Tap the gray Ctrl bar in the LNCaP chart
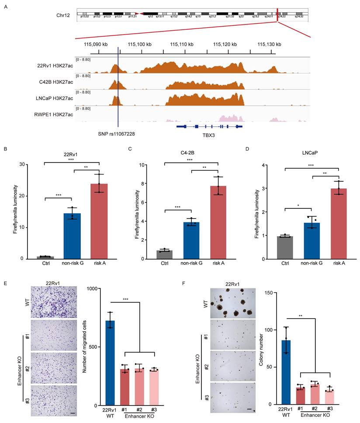(x=285, y=247)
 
